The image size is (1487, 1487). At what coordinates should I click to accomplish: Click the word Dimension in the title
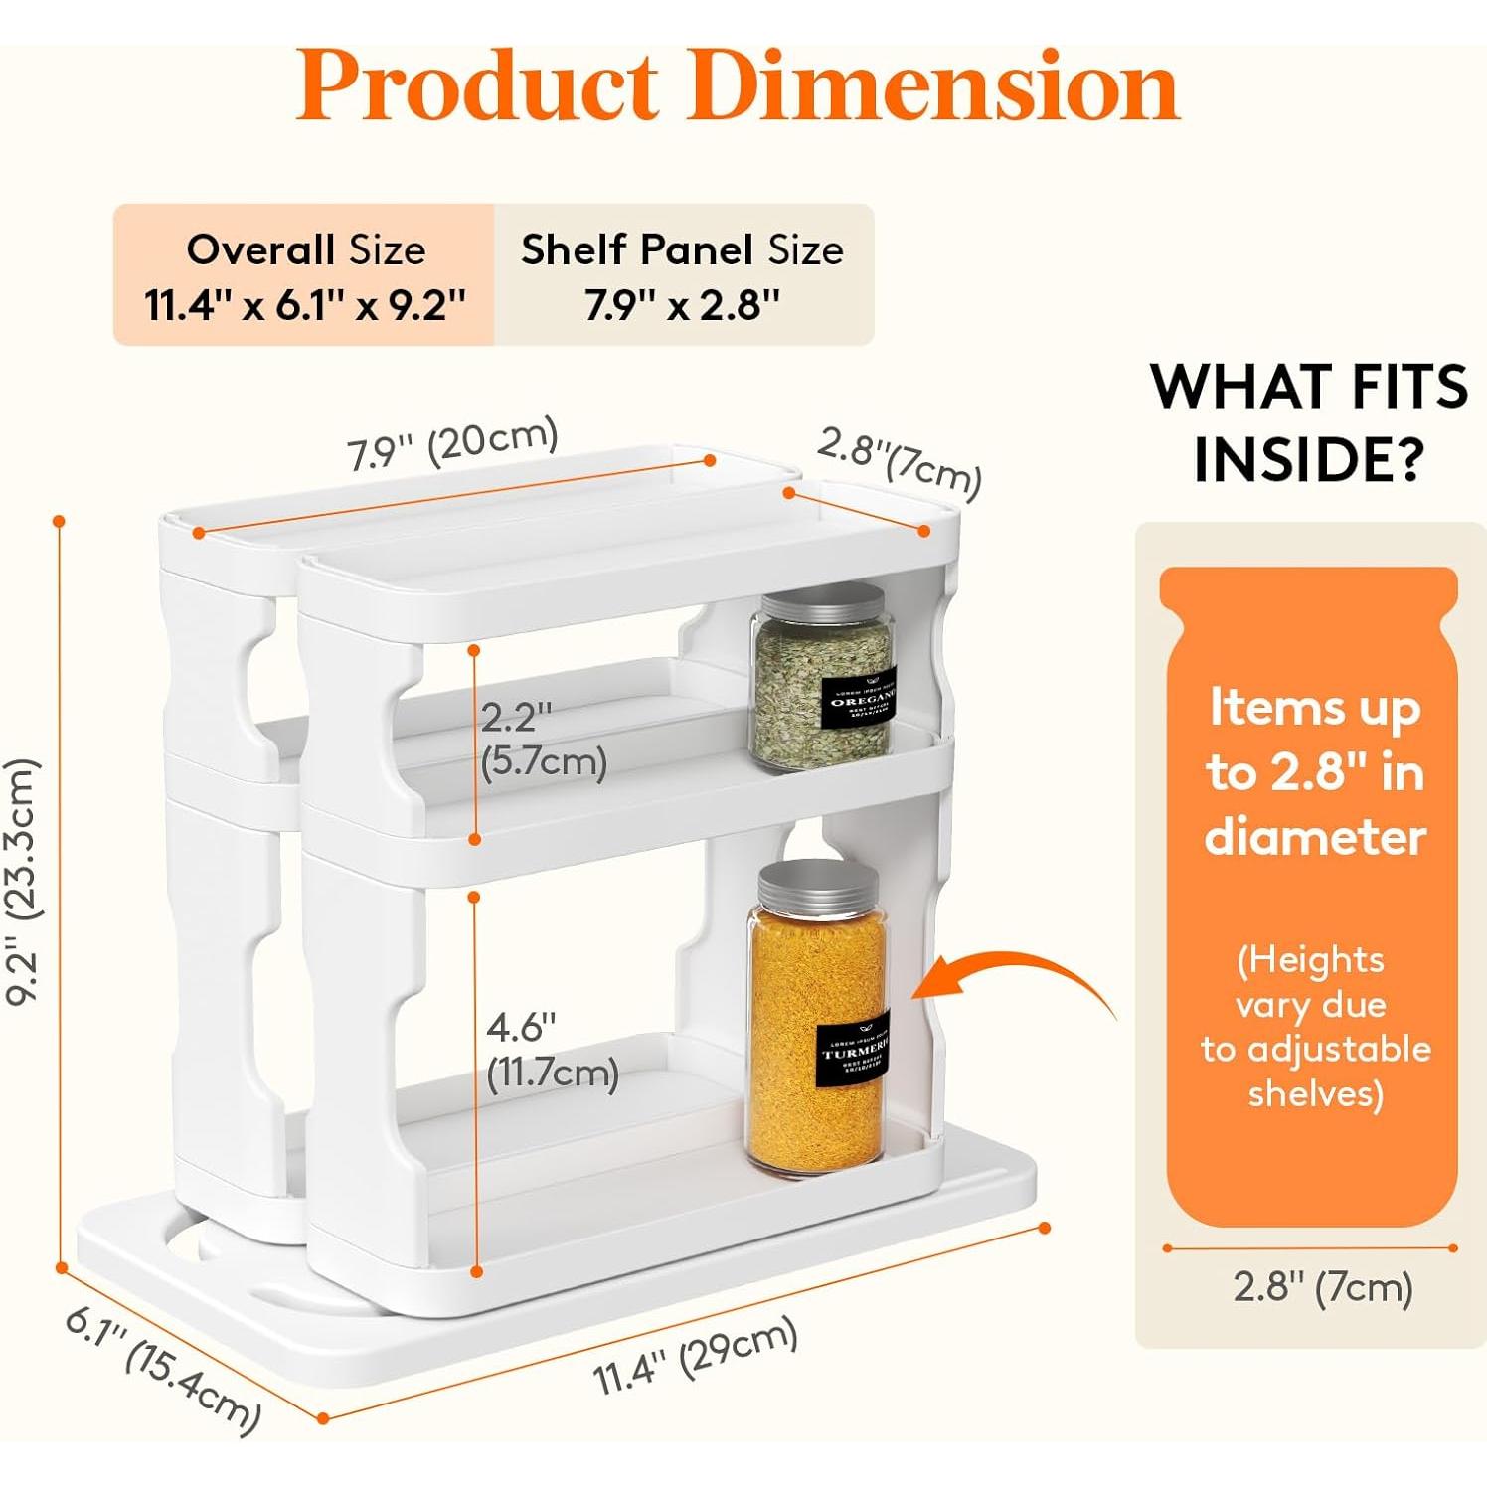click(x=942, y=87)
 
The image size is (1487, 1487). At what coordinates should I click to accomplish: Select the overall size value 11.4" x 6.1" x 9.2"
click(x=305, y=304)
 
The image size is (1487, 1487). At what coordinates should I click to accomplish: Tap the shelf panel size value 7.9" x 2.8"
click(x=682, y=304)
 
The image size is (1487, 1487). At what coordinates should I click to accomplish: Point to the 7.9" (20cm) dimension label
click(x=452, y=444)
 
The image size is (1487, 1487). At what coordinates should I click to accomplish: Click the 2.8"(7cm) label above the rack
click(x=900, y=461)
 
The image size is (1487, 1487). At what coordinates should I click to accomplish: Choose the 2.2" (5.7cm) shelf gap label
click(x=542, y=741)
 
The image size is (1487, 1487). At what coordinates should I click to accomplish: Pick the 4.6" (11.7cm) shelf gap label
click(x=552, y=1051)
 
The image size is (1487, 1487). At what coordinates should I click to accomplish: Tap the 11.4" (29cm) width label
click(x=696, y=1355)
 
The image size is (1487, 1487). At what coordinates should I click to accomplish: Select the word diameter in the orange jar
click(x=1315, y=837)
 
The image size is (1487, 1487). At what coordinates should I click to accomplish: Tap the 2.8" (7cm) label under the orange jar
click(x=1322, y=1287)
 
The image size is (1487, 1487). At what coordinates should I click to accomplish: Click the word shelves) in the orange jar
click(x=1315, y=1093)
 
